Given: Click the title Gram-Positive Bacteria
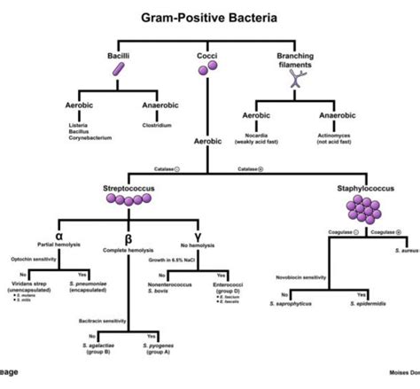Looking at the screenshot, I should click(x=210, y=17).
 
